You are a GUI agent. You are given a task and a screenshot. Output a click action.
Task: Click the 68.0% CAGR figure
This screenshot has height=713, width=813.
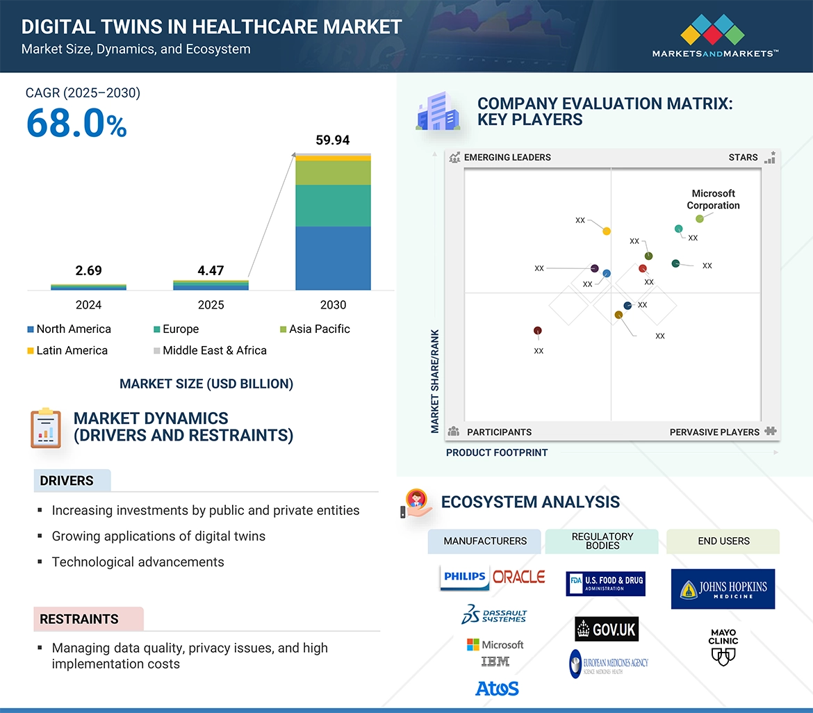76,123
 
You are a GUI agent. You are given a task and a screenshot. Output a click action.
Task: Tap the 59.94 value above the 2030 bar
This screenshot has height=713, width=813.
333,140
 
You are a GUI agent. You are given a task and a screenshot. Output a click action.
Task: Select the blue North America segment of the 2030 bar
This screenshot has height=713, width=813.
333,258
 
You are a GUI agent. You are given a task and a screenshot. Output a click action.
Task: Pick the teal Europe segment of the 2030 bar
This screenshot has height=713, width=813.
333,206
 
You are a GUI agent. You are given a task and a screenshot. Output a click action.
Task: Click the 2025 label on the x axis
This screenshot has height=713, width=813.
211,305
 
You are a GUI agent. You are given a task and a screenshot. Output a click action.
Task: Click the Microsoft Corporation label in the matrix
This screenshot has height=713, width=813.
713,199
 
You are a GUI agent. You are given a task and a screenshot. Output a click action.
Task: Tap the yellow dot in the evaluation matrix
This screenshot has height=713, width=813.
607,231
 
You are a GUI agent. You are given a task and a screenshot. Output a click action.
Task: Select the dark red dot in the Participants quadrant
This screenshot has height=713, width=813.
538,331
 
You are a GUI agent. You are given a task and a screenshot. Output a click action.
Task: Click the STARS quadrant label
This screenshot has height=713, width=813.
743,157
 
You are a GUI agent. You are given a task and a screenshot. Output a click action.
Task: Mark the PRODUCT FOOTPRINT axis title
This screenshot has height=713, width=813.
497,452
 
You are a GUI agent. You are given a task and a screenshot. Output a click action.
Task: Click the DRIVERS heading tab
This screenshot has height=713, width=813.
67,481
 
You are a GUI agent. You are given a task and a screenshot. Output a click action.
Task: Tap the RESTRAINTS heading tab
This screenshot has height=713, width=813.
80,618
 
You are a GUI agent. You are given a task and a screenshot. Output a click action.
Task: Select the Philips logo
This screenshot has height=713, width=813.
464,577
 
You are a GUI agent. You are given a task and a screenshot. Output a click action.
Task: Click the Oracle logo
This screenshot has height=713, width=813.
518,577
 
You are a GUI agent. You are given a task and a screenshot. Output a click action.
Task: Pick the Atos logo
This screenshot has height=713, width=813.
497,688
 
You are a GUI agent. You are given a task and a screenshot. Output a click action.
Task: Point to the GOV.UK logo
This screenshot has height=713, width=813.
607,629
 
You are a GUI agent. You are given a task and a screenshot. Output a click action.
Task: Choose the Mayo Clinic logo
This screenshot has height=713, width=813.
723,646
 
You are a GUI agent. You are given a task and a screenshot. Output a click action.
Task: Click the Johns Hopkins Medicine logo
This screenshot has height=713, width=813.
723,589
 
